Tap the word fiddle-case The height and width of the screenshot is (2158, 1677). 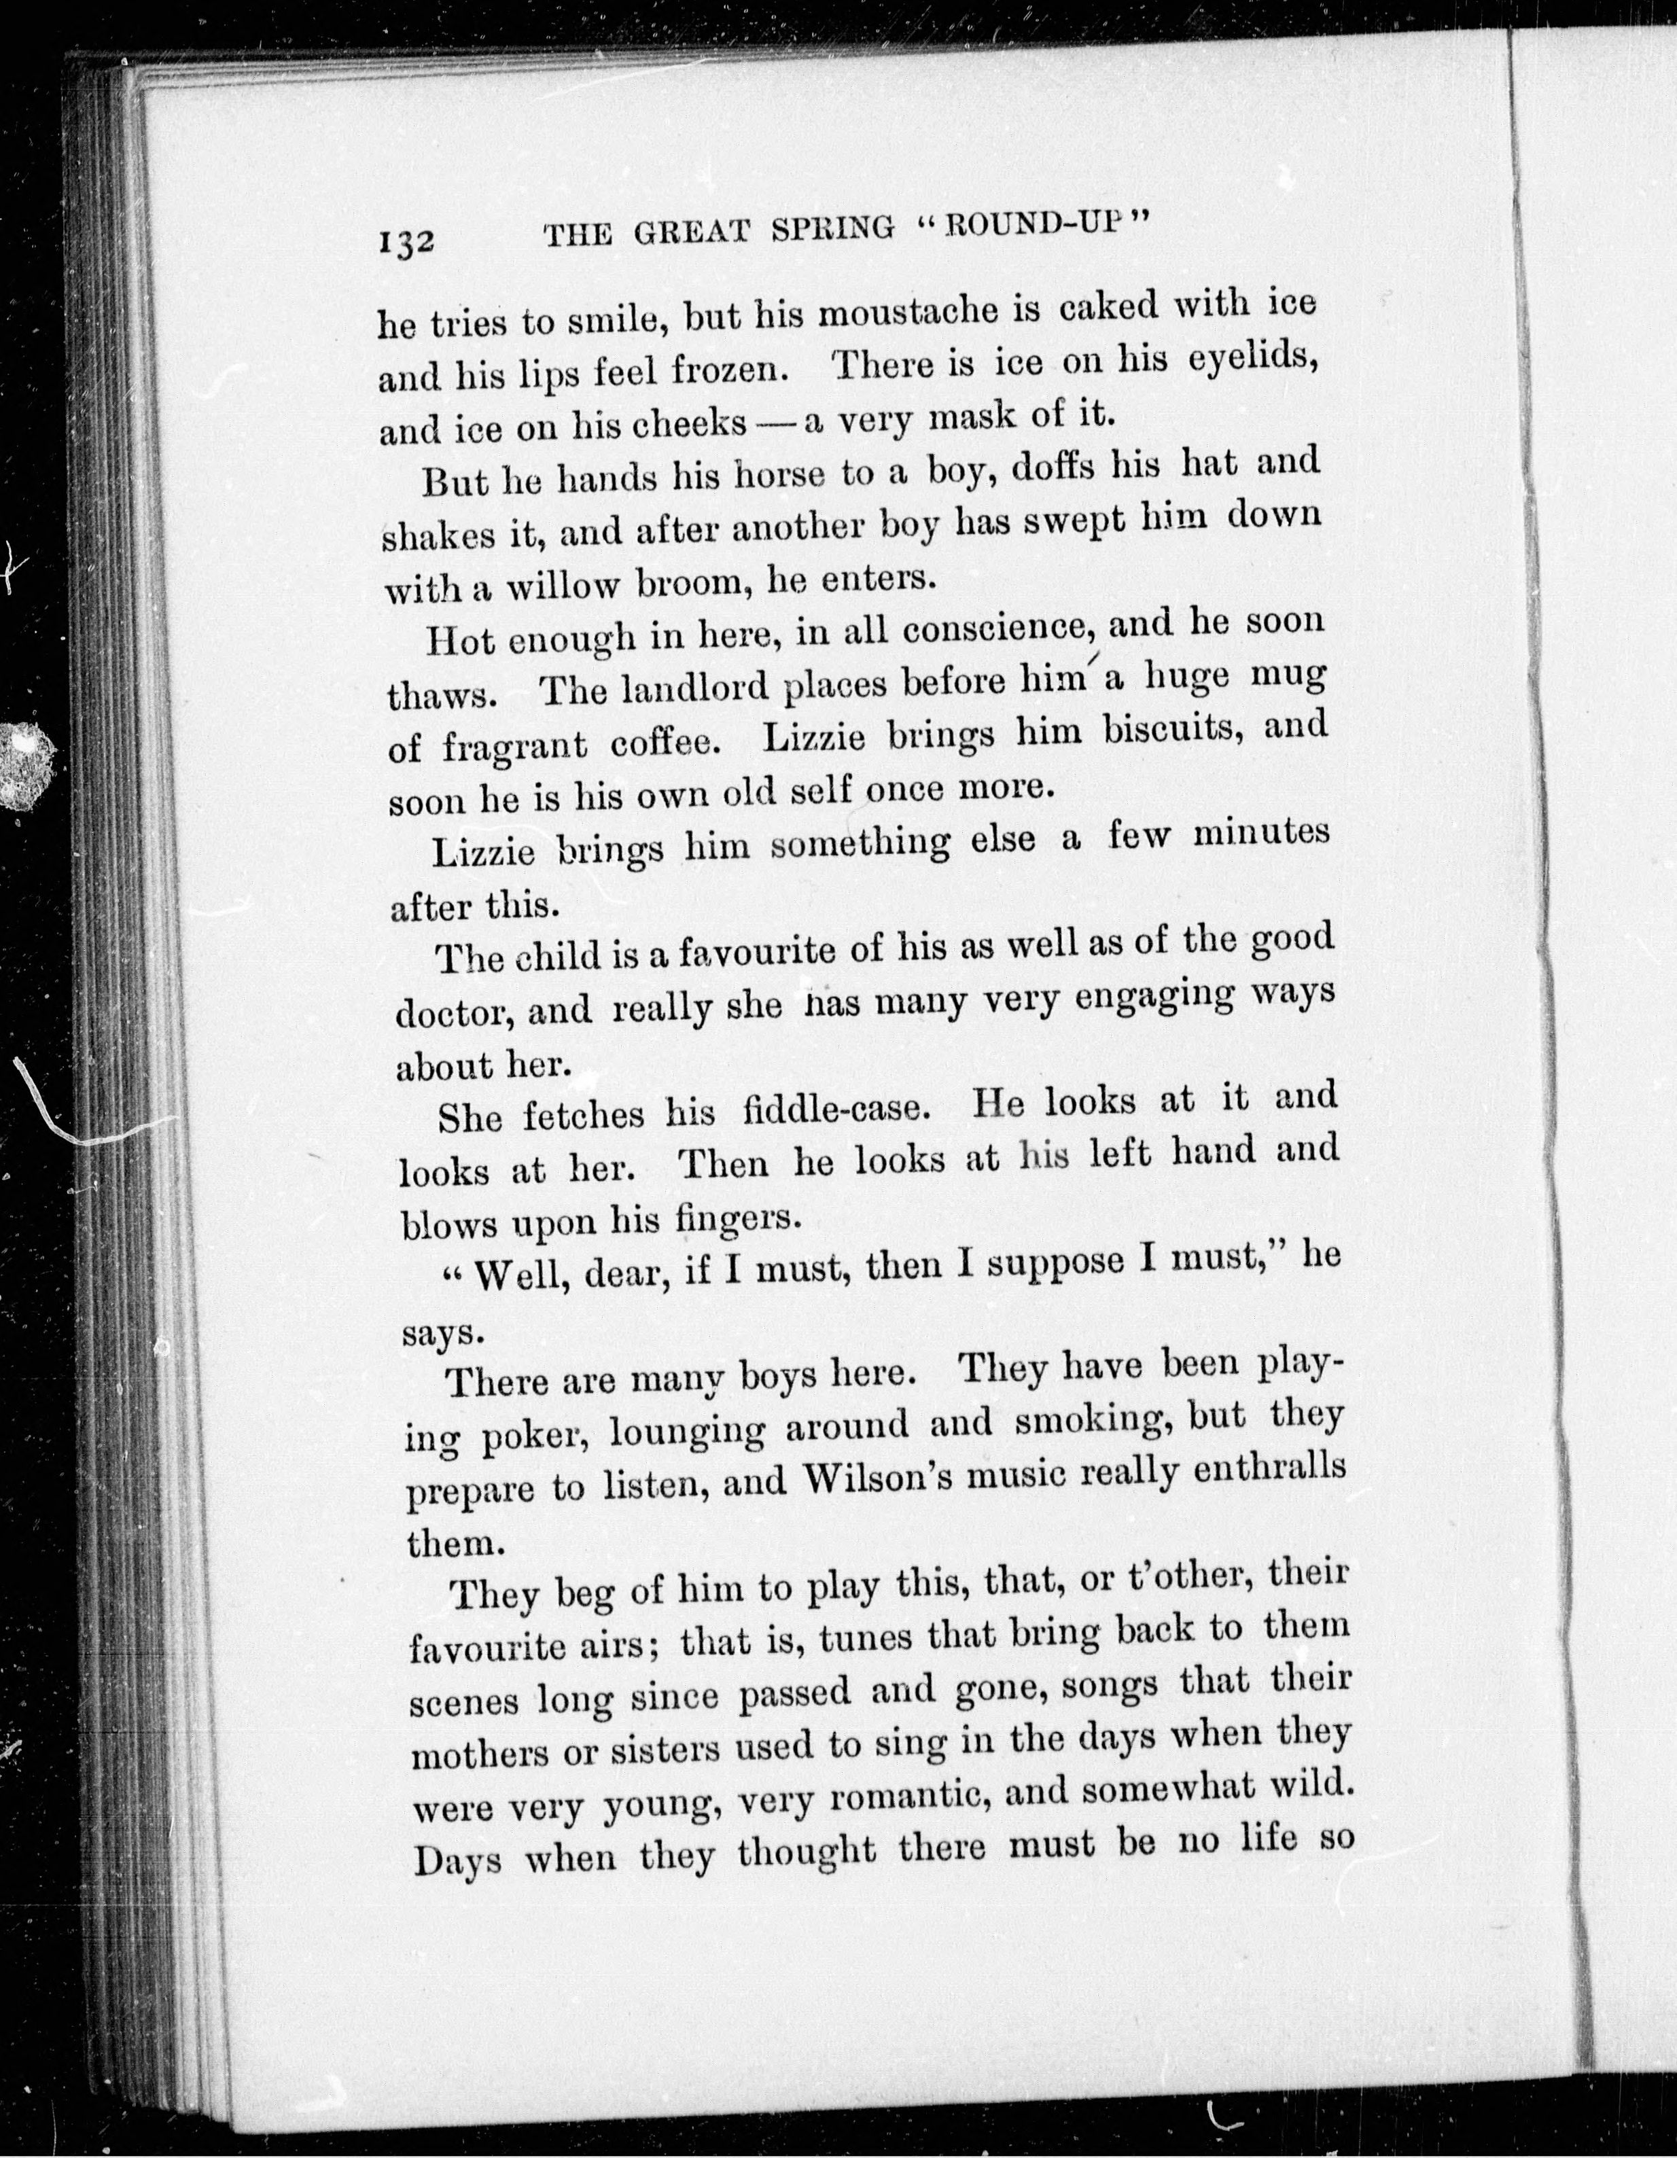(x=836, y=1112)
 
